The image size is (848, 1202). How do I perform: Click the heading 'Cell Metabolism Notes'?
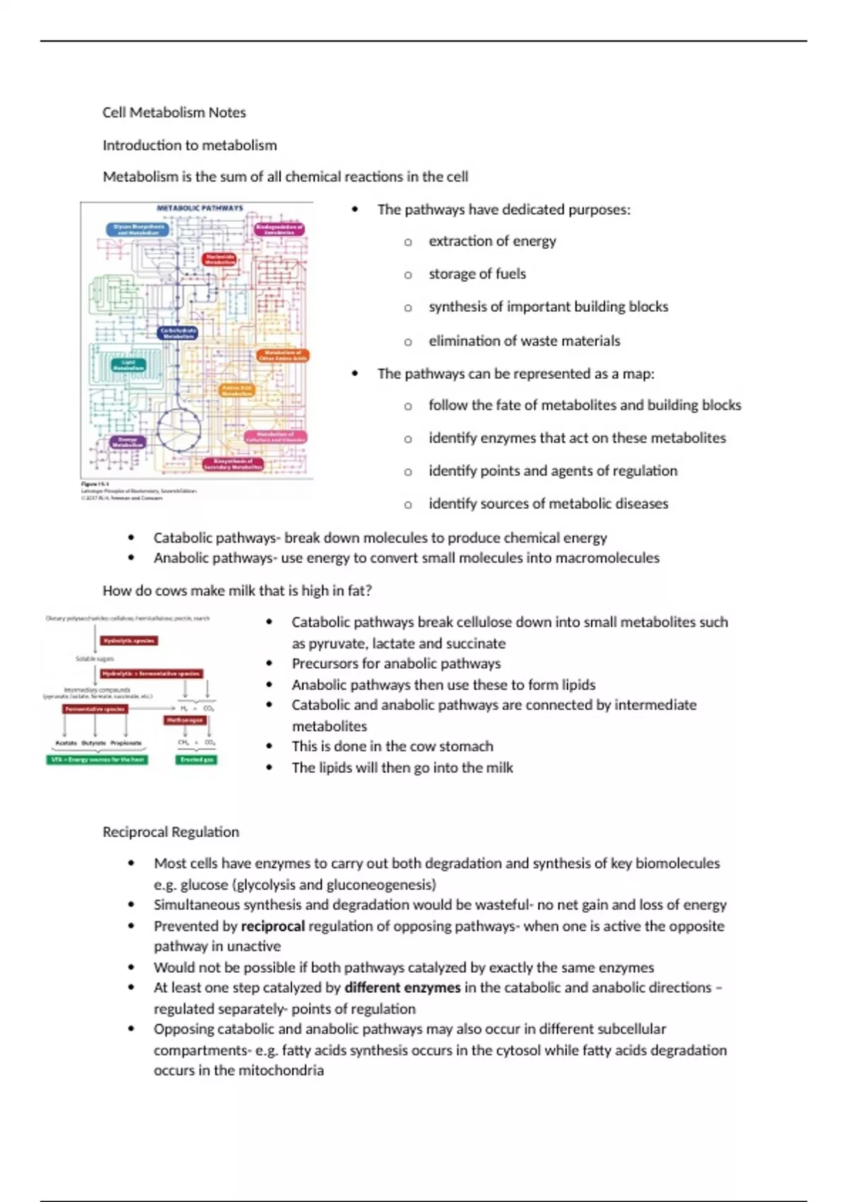coord(174,112)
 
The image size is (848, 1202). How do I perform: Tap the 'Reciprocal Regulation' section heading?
coord(170,832)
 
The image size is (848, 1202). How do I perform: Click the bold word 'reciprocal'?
coord(273,926)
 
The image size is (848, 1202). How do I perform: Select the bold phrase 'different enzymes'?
coord(402,987)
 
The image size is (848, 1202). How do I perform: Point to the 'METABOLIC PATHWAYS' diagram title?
coord(199,209)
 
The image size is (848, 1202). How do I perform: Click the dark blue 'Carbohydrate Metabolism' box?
coord(178,333)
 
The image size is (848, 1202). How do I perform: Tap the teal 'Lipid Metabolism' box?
coord(129,365)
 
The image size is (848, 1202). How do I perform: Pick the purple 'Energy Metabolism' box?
coord(128,442)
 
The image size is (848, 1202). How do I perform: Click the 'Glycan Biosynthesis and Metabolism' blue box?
coord(139,230)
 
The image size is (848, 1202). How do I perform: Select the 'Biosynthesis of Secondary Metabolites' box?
coord(233,464)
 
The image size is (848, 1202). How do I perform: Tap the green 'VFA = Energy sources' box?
coord(98,759)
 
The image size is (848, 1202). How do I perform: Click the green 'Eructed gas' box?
coord(196,759)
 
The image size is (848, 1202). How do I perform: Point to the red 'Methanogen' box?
coord(185,720)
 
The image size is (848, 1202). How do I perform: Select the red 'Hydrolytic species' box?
coord(129,641)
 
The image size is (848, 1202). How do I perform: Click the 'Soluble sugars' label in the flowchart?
coord(94,658)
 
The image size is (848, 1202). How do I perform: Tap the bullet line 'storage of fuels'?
coord(477,274)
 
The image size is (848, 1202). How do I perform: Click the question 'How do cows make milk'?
coord(237,590)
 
